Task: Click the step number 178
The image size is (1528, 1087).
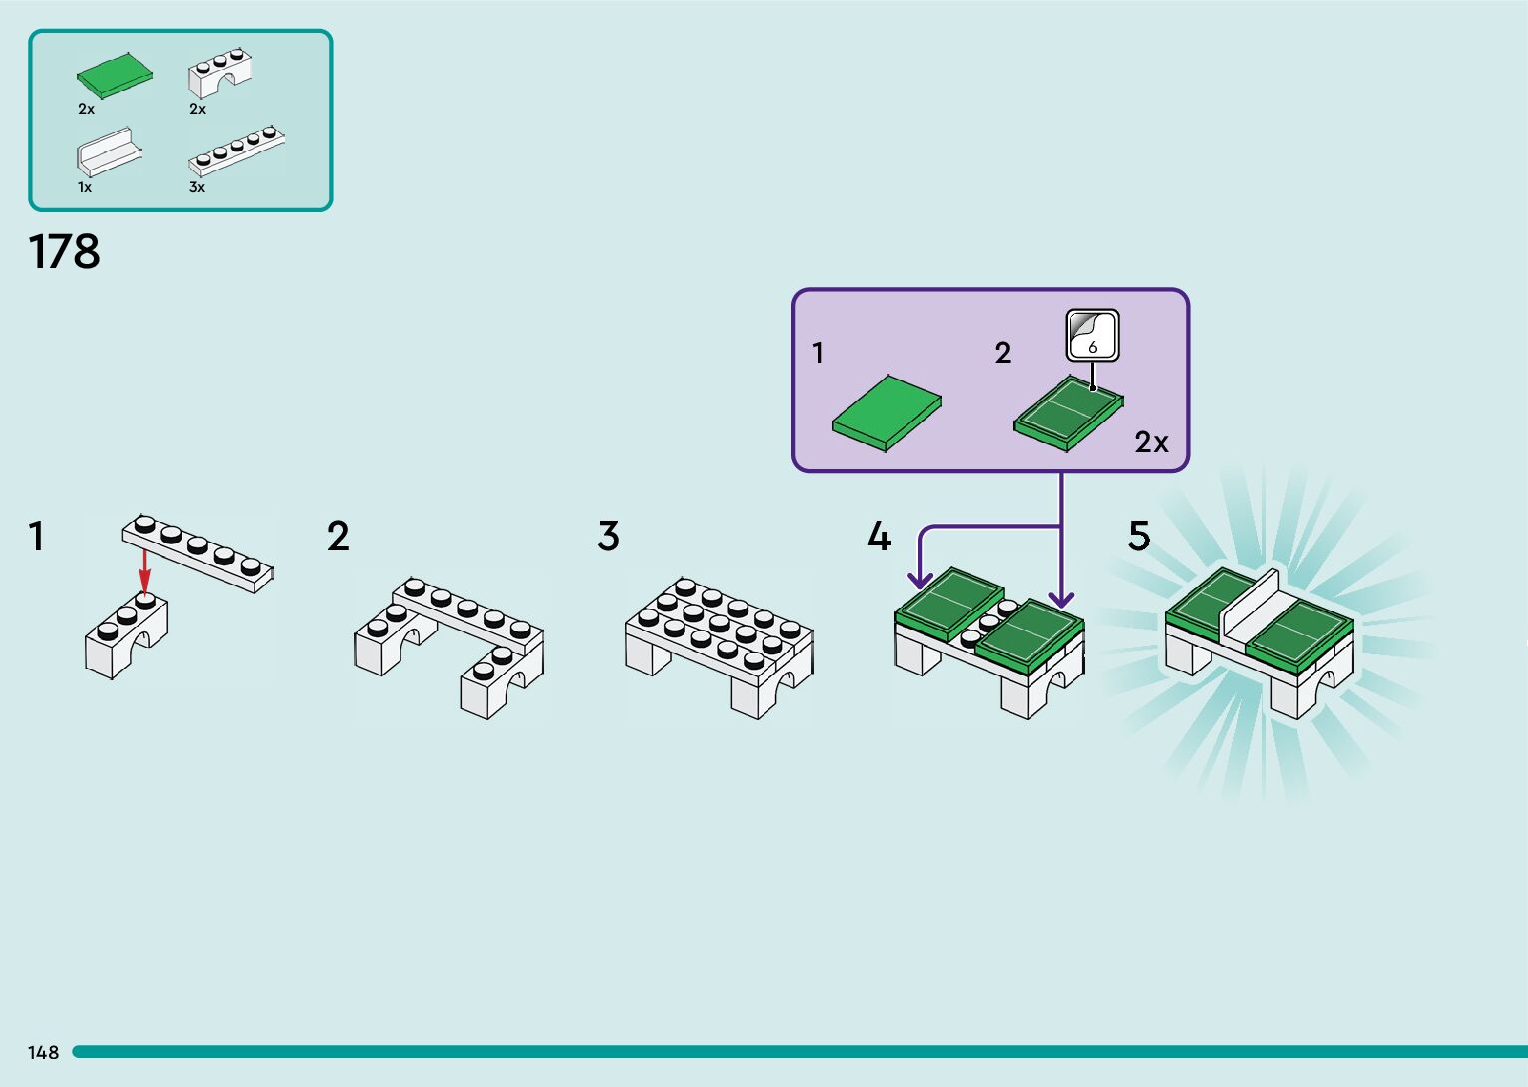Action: (x=64, y=252)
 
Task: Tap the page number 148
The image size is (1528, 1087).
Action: (x=43, y=1052)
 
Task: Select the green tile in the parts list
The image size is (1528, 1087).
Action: (x=114, y=75)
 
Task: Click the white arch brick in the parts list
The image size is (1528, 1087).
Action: (x=219, y=72)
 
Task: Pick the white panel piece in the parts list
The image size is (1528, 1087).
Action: (x=109, y=151)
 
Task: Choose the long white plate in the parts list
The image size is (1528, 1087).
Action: (x=236, y=150)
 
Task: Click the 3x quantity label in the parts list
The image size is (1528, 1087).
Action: (x=197, y=187)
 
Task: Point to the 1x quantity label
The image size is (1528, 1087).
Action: (x=85, y=187)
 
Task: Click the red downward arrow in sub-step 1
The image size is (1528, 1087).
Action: (x=144, y=571)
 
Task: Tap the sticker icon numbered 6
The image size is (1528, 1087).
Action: (x=1092, y=336)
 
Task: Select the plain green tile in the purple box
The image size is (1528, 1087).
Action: (x=887, y=413)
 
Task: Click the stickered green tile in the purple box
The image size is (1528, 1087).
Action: (x=1068, y=413)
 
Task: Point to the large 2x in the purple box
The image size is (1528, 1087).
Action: (x=1151, y=443)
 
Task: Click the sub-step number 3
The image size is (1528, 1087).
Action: (x=609, y=536)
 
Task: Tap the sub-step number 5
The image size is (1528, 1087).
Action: (x=1139, y=536)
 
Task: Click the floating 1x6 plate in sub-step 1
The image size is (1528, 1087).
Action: (x=198, y=554)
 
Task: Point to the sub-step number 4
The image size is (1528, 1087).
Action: (x=879, y=536)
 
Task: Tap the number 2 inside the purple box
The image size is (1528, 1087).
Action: (x=1002, y=353)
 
